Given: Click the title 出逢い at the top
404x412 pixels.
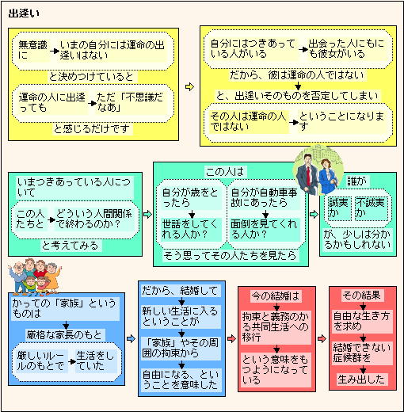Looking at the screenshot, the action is (x=24, y=13).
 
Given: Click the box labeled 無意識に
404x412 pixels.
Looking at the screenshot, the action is (x=32, y=50).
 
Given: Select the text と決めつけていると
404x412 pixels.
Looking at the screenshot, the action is (x=91, y=77).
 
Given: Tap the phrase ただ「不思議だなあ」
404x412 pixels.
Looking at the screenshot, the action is (x=130, y=102).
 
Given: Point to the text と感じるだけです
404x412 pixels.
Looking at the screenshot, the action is (x=92, y=129).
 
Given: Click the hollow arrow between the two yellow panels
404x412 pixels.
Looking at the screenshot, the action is (x=189, y=87).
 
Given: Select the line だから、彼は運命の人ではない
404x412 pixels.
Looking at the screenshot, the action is (x=297, y=75).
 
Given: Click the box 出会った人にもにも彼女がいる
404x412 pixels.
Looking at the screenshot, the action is (x=346, y=48).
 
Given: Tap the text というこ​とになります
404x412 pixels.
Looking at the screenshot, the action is (x=341, y=121).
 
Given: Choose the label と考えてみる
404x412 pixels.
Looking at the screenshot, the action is (x=70, y=246).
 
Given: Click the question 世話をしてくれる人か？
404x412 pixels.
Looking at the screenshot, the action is (x=191, y=230).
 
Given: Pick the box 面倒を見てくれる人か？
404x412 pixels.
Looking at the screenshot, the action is (x=265, y=230).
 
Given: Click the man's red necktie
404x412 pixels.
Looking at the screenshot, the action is (x=308, y=175).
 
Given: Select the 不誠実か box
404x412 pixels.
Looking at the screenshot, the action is (x=371, y=208).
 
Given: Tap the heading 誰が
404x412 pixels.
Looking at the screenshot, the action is (x=356, y=181).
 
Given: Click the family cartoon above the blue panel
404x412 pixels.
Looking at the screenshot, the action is (x=34, y=277).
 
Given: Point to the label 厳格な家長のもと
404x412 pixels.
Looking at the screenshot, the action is (x=64, y=335).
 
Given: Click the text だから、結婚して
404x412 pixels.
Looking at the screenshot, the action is (x=180, y=291).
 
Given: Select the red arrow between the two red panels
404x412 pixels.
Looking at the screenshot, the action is (x=322, y=338).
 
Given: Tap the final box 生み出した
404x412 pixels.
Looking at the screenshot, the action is (x=361, y=380).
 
